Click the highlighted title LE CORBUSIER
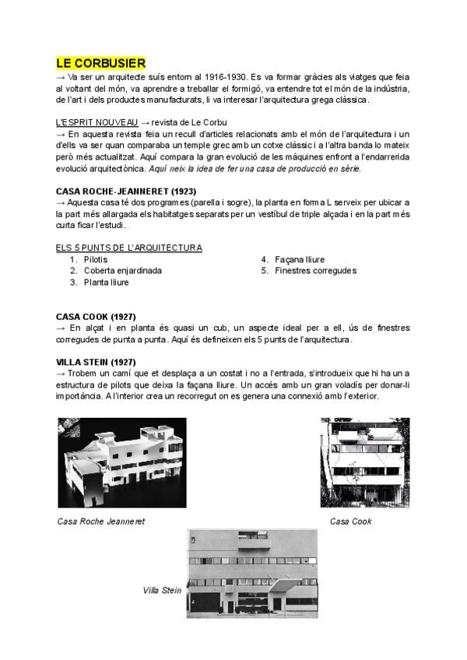pos(101,63)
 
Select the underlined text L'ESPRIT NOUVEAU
pos(97,122)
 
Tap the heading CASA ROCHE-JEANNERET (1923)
pos(126,191)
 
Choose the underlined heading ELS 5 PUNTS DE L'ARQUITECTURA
pos(129,247)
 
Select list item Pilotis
pos(96,259)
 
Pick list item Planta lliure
pos(107,283)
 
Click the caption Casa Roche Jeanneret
pos(101,521)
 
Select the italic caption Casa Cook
pos(351,521)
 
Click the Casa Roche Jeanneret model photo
pos(122,462)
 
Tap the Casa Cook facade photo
pos(359,462)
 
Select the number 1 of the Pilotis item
pos(72,259)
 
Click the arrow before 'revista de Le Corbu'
pos(145,122)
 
